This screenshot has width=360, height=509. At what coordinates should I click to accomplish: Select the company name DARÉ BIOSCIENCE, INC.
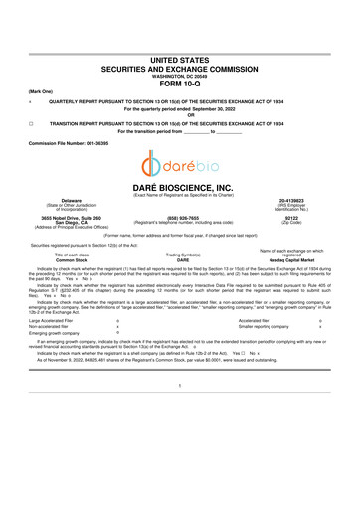point(180,187)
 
